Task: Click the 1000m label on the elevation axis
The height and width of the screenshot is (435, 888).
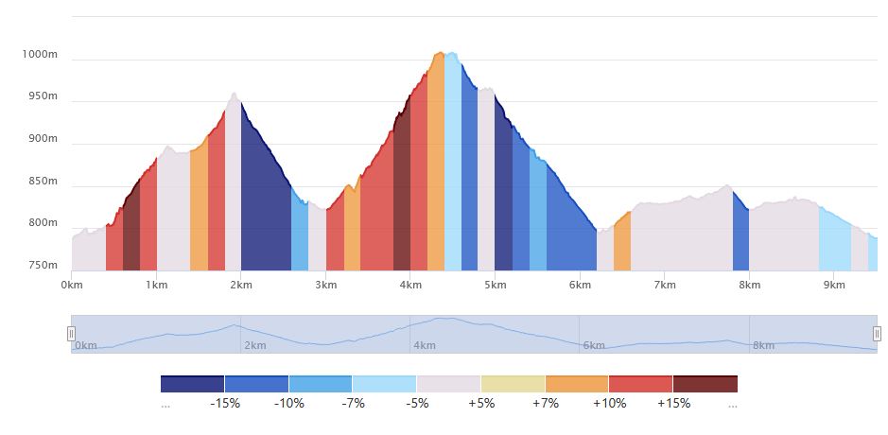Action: point(40,55)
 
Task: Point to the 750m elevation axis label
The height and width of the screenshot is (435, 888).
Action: point(43,265)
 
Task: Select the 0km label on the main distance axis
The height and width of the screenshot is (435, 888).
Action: point(72,285)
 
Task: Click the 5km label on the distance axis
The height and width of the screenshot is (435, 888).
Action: point(495,285)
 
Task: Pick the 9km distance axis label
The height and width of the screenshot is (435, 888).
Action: point(833,285)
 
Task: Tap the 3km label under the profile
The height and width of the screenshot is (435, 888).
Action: point(325,285)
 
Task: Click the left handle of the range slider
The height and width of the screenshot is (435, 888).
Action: point(71,334)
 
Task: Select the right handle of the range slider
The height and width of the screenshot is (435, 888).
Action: point(877,334)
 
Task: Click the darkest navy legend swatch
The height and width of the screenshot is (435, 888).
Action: point(192,384)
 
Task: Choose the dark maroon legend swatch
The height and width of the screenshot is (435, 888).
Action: point(705,384)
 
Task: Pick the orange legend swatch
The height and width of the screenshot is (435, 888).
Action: point(577,384)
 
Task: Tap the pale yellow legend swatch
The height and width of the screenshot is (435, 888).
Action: point(513,384)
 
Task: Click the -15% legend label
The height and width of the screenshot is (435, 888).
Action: point(224,404)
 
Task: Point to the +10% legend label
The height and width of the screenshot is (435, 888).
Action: point(609,404)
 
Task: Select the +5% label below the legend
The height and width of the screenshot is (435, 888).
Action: point(480,404)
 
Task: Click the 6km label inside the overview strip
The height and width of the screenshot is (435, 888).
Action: point(593,346)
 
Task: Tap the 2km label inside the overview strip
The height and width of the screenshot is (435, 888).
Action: point(254,346)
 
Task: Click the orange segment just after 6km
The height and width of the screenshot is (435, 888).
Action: point(621,248)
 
